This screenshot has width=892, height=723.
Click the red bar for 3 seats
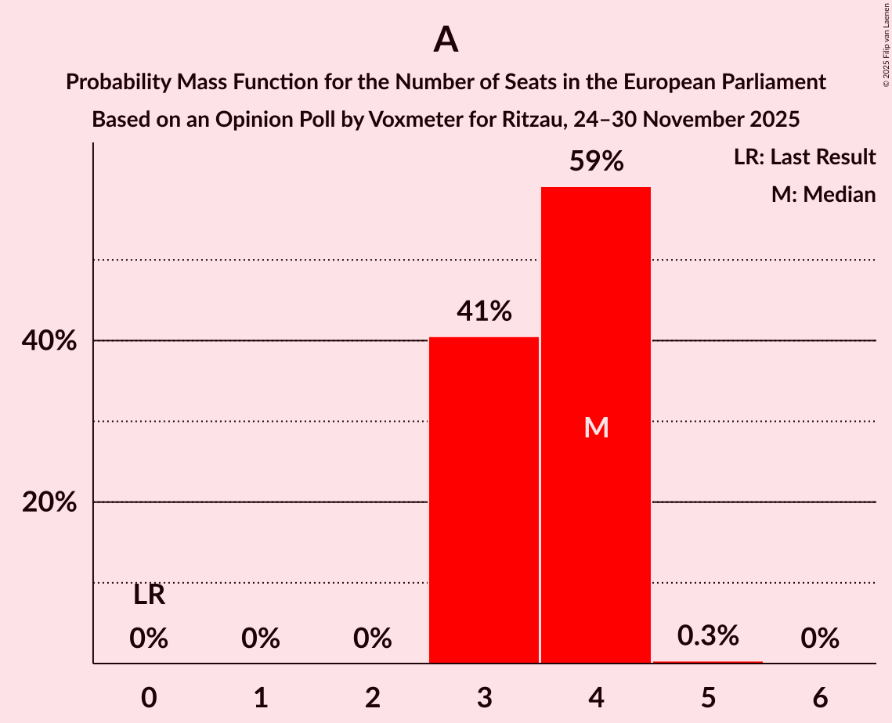click(484, 500)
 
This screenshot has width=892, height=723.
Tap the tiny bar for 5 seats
click(708, 662)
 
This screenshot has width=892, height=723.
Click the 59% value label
click(596, 162)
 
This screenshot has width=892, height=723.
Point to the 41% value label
click(484, 312)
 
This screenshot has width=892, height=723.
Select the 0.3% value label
click(708, 636)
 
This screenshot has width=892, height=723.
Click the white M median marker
click(596, 427)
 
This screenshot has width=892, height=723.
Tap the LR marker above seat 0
click(149, 595)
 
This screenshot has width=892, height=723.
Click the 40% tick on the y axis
click(49, 341)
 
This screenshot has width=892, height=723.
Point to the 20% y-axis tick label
click(49, 502)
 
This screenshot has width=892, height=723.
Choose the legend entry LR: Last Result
click(804, 157)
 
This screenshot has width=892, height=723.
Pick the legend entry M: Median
click(823, 194)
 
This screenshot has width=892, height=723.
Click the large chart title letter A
click(446, 39)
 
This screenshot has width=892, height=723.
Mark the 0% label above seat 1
click(261, 639)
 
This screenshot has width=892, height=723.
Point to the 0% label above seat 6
click(820, 639)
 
